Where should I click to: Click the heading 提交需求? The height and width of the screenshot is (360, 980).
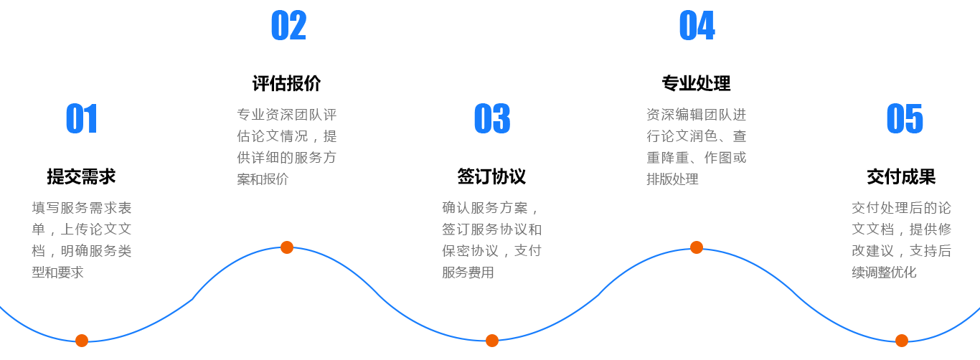[x=81, y=176]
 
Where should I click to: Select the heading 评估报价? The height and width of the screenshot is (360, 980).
[x=286, y=83]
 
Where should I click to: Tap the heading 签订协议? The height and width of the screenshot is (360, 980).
[x=491, y=176]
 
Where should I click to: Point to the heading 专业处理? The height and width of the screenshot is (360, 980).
[x=696, y=83]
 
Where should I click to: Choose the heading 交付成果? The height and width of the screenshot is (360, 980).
[x=901, y=176]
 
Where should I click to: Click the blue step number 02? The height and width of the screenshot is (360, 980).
[x=288, y=26]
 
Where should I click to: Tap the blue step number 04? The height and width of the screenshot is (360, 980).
[x=697, y=26]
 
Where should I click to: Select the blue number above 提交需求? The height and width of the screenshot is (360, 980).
[x=81, y=119]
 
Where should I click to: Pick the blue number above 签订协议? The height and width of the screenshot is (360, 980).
[x=492, y=119]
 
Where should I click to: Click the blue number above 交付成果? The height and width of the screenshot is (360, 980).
[x=905, y=119]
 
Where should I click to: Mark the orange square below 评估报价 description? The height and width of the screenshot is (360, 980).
[x=286, y=247]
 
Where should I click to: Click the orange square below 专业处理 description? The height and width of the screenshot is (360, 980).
[x=696, y=247]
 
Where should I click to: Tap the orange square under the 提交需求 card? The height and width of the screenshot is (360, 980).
[x=81, y=339]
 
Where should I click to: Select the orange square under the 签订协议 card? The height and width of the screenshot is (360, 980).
[x=491, y=339]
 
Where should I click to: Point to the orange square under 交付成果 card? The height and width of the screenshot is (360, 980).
[x=901, y=339]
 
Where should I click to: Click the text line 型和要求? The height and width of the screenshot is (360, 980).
[x=58, y=273]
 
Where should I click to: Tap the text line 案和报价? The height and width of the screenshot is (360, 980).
[x=263, y=179]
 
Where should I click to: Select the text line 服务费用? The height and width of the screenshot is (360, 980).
[x=468, y=273]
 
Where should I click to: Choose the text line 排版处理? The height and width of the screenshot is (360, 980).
[x=672, y=179]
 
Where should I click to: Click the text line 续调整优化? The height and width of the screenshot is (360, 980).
[x=884, y=273]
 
